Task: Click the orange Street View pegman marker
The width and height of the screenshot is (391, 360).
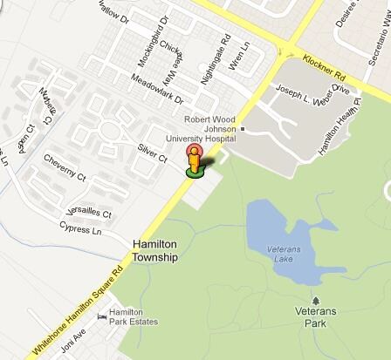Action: (x=195, y=160)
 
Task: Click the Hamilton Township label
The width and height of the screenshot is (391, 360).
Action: (x=154, y=252)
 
